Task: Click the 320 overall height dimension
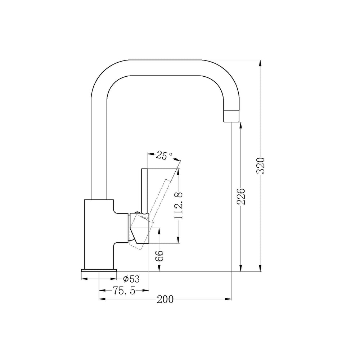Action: click(261, 166)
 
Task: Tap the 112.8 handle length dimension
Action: click(179, 206)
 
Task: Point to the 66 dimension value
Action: click(159, 256)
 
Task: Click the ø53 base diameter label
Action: click(131, 279)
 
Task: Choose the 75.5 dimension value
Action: click(124, 291)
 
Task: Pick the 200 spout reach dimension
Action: click(165, 300)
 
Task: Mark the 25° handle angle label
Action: click(165, 156)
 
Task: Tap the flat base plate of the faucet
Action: click(99, 270)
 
